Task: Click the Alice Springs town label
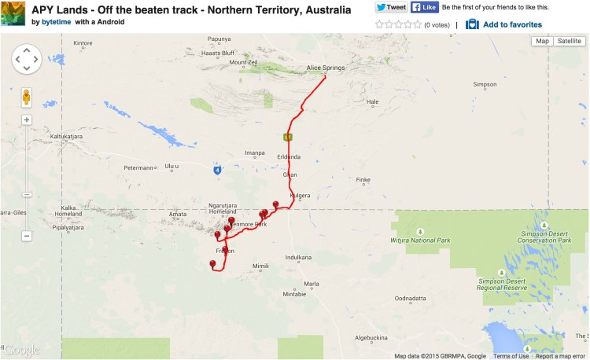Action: click(325, 68)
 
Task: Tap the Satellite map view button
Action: click(569, 41)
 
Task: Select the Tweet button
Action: click(391, 7)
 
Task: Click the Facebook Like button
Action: click(425, 7)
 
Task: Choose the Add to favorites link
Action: click(511, 24)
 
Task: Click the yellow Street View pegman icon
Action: click(27, 97)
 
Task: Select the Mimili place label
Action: click(260, 266)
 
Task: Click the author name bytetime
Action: click(57, 22)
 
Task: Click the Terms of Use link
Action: click(511, 356)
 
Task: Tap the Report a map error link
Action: click(560, 356)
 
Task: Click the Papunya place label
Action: click(219, 39)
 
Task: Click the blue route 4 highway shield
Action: click(216, 170)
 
